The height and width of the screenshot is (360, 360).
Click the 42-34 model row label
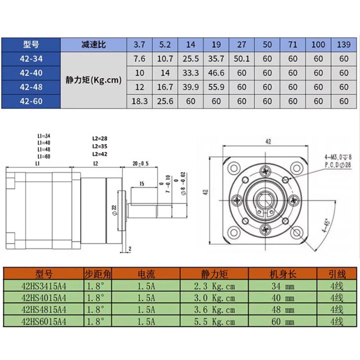click(31, 58)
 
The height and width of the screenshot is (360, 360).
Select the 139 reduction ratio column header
click(344, 45)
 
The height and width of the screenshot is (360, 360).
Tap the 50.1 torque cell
click(242, 58)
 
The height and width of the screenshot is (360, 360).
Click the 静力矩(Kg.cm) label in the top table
click(94, 80)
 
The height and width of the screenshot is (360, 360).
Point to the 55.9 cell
click(216, 87)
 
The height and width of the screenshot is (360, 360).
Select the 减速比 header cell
click(94, 45)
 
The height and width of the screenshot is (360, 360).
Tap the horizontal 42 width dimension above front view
click(268, 141)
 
